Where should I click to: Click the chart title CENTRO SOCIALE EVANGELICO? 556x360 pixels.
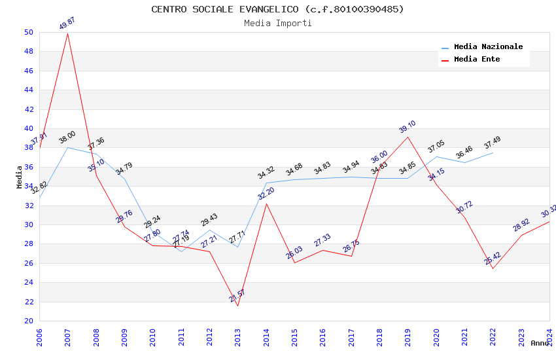tap(277, 9)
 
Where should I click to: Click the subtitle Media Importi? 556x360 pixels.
tap(277, 24)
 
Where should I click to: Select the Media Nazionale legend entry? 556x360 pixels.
tap(488, 47)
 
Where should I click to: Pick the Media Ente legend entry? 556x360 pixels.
tap(477, 60)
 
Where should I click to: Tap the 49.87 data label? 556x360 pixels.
tap(67, 24)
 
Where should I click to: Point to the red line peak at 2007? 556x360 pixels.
tap(68, 33)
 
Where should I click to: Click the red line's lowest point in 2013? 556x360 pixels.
tap(237, 306)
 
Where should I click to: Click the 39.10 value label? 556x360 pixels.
tap(407, 127)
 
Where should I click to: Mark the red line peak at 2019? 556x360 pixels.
tap(408, 137)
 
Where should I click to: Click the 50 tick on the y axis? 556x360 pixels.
tap(28, 32)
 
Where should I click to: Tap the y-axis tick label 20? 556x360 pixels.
tap(28, 321)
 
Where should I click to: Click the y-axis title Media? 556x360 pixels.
tap(20, 177)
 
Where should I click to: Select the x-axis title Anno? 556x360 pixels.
tap(540, 343)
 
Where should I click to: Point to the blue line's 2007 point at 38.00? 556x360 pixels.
tap(68, 147)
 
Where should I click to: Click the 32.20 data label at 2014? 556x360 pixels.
tap(266, 193)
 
